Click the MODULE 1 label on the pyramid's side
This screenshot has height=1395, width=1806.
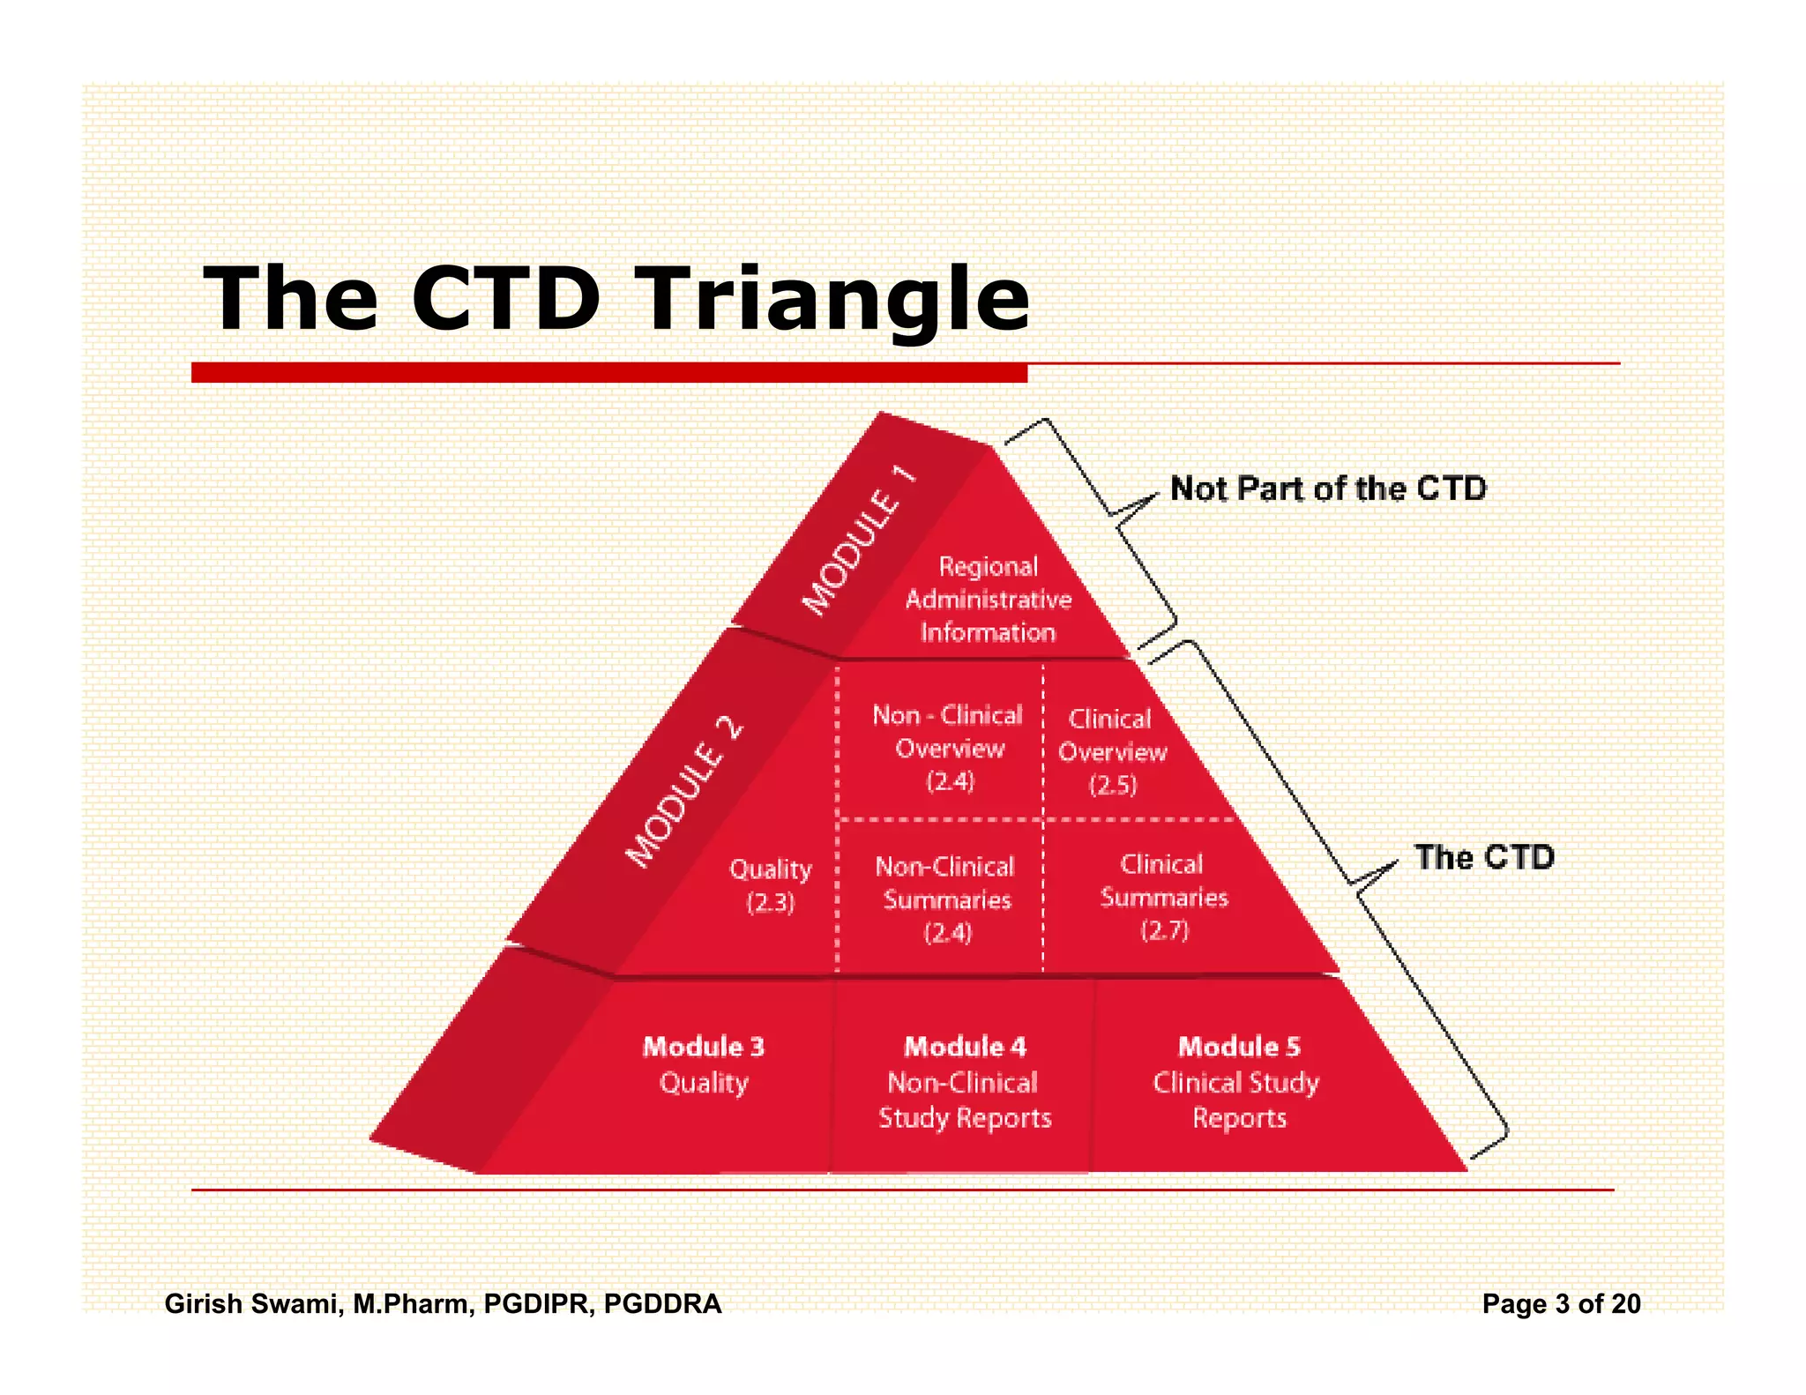[859, 540]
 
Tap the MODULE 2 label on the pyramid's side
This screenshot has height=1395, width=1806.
[684, 792]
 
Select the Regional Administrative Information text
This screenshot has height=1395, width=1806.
[988, 600]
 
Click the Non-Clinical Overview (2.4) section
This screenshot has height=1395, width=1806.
[949, 748]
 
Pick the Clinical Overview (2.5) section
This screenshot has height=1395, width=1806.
[1111, 751]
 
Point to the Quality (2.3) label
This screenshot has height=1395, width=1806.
[770, 885]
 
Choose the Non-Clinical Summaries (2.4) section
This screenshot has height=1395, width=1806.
[946, 899]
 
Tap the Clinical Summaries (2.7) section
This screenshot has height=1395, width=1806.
[1163, 897]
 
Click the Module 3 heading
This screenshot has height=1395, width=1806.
[703, 1047]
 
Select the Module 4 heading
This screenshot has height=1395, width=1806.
[965, 1047]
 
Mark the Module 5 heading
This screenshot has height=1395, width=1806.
[1239, 1047]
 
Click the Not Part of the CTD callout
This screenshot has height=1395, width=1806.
[1327, 489]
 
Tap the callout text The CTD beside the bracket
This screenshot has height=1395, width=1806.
[1484, 857]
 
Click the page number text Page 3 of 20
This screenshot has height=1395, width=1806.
[1561, 1303]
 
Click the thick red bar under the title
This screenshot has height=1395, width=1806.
[608, 372]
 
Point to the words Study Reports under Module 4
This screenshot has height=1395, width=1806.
[965, 1118]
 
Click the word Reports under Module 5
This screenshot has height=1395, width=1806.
[1239, 1118]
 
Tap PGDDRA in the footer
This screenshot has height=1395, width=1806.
[662, 1303]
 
